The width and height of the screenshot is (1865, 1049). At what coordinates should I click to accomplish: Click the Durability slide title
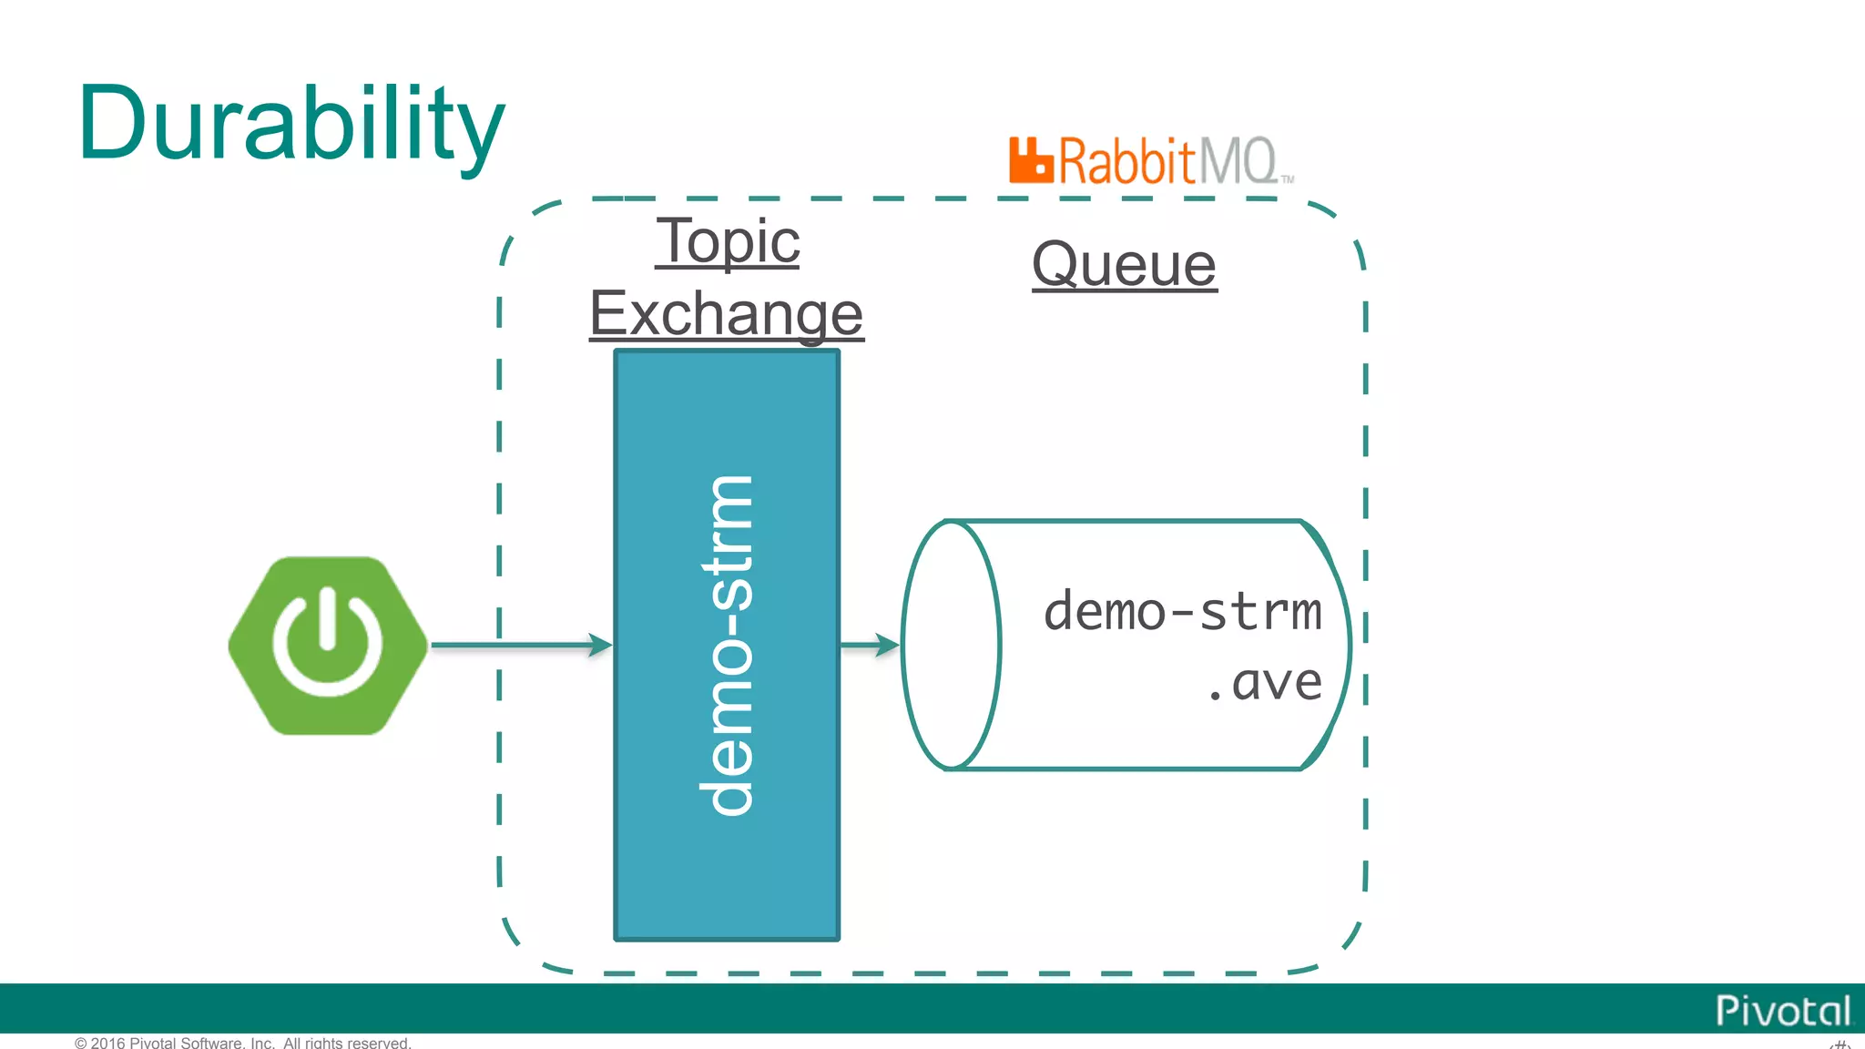[x=291, y=125]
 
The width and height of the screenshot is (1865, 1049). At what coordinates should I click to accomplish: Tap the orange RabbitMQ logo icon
[x=1031, y=161]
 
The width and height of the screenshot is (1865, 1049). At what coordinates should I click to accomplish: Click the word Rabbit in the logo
[x=1126, y=161]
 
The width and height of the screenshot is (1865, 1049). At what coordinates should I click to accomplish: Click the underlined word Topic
[x=728, y=241]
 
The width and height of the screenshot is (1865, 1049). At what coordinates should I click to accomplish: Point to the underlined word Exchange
[x=726, y=313]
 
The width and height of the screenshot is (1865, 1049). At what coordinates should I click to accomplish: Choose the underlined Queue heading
[x=1124, y=265]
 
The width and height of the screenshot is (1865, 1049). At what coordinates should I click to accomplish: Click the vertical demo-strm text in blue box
[x=728, y=645]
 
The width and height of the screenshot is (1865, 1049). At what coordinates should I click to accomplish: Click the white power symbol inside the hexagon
[x=327, y=641]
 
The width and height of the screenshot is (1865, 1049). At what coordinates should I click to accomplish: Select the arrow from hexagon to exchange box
[x=519, y=645]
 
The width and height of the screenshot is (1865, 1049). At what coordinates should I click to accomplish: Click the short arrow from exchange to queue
[x=870, y=645]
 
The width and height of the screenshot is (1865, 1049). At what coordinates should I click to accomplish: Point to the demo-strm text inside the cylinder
[x=1181, y=611]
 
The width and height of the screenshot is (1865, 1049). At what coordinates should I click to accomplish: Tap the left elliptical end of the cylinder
[x=951, y=645]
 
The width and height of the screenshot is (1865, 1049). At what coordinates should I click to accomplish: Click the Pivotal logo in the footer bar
[x=1782, y=1011]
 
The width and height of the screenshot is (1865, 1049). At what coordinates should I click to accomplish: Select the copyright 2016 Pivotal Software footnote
[x=243, y=1043]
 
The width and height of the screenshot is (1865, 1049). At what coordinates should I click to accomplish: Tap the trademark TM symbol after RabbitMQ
[x=1288, y=179]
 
